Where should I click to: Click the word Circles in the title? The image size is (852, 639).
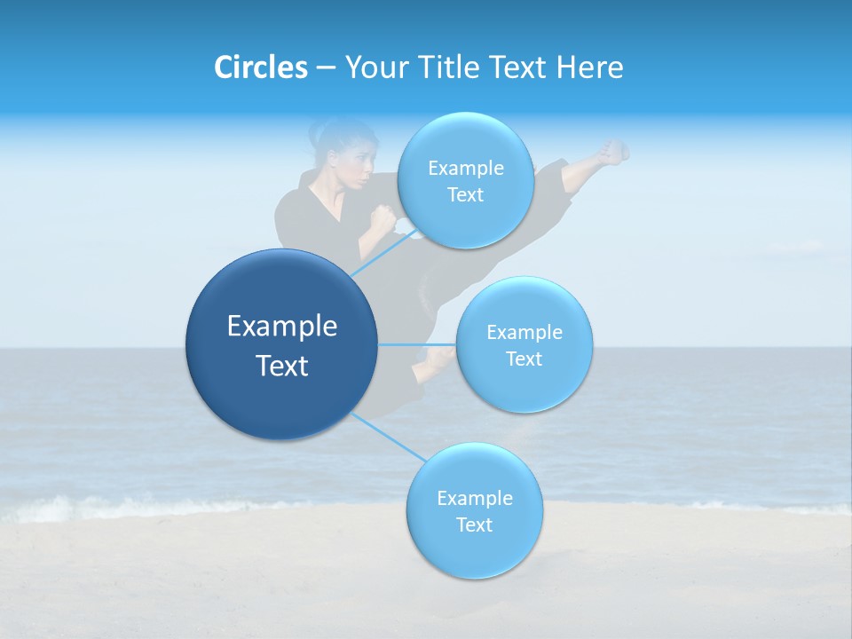pyautogui.click(x=261, y=67)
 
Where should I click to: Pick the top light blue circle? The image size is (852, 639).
pyautogui.click(x=465, y=179)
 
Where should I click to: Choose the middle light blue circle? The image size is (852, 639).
pyautogui.click(x=524, y=344)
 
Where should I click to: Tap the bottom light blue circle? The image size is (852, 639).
pyautogui.click(x=474, y=510)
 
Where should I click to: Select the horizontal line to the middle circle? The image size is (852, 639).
pyautogui.click(x=417, y=344)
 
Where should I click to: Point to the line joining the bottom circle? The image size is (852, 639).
pyautogui.click(x=386, y=436)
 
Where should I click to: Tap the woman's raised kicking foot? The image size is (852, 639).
pyautogui.click(x=613, y=152)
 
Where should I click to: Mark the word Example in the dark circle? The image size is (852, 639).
pyautogui.click(x=282, y=327)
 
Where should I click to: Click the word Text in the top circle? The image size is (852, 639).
pyautogui.click(x=465, y=195)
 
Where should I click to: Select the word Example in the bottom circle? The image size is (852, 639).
pyautogui.click(x=474, y=498)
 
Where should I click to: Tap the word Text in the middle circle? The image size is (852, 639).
pyautogui.click(x=524, y=359)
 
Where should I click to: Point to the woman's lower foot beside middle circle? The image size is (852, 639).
pyautogui.click(x=437, y=359)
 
